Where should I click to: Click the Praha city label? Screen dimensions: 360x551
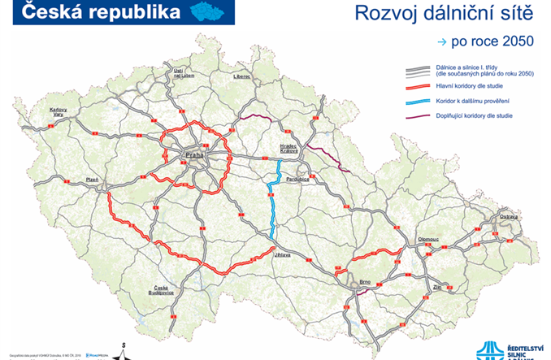pos(195,154)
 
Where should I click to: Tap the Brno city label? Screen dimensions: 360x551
pos(365,282)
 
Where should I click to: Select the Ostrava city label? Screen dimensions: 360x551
pos(485,217)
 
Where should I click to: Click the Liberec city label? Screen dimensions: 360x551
pos(242,76)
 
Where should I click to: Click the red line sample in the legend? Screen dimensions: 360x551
pos(428,87)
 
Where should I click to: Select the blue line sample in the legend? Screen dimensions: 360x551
pos(428,102)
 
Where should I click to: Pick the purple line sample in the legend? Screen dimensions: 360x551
pos(428,116)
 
